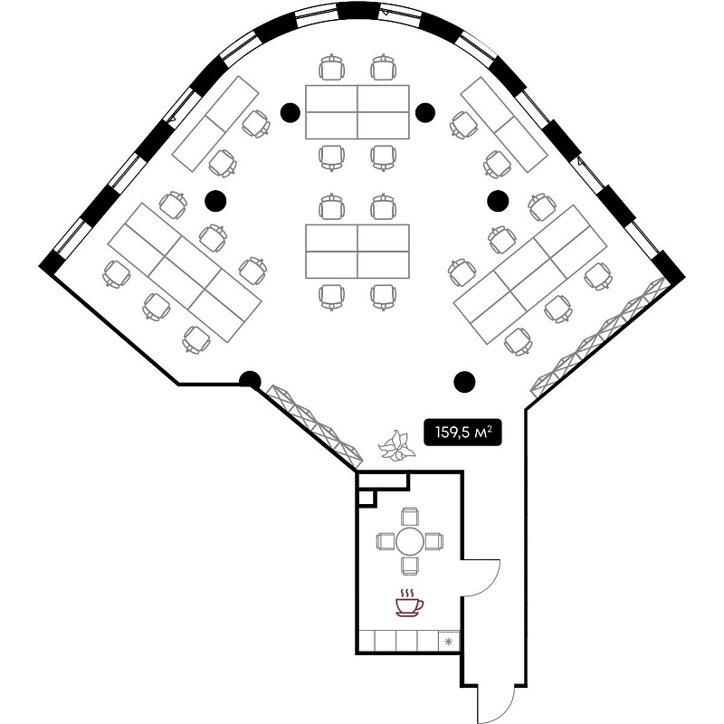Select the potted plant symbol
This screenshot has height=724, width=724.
point(395,446)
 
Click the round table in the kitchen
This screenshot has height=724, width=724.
point(409,541)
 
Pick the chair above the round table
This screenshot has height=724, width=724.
point(409,518)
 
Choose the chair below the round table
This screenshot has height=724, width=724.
point(409,565)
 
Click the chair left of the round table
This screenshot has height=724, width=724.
point(386,541)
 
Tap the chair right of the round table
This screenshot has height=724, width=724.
point(433,541)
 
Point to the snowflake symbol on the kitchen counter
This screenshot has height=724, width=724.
point(448,641)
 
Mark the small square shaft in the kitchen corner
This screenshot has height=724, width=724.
point(367,496)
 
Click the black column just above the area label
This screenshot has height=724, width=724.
point(465,382)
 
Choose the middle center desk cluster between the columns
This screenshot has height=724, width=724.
point(357,251)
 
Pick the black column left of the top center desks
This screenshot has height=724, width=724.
point(290,111)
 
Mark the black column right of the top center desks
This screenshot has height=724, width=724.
point(424,111)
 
